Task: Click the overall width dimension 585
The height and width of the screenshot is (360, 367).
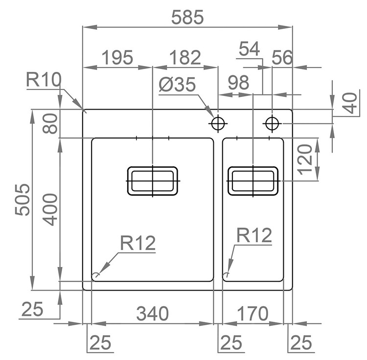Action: (x=187, y=17)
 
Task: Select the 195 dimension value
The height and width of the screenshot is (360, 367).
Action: (x=118, y=58)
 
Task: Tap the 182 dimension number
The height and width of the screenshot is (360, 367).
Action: (x=185, y=58)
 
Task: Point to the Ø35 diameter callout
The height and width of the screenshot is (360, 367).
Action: (x=177, y=85)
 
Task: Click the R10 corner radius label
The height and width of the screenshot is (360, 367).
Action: (x=44, y=80)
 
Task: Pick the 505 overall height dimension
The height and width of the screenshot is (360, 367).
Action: (x=23, y=200)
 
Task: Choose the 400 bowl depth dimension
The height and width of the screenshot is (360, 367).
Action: (x=50, y=209)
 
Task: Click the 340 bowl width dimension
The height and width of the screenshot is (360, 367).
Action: (x=152, y=314)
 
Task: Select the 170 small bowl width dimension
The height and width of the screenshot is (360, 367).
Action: (x=252, y=314)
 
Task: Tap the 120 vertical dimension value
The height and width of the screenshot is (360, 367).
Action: (x=305, y=159)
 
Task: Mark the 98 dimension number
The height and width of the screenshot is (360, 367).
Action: (x=238, y=83)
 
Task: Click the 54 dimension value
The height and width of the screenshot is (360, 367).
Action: (x=249, y=49)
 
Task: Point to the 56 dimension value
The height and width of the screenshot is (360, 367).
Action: (x=282, y=58)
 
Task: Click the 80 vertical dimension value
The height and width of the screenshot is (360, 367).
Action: (x=50, y=124)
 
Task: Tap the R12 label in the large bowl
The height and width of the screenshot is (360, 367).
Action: (x=138, y=243)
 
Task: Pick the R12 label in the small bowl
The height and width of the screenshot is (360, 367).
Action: (x=254, y=235)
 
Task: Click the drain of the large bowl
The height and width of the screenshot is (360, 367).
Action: (x=153, y=181)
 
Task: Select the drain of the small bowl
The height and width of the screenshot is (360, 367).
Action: (x=253, y=181)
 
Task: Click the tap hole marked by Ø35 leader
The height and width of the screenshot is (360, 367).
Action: (x=218, y=123)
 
